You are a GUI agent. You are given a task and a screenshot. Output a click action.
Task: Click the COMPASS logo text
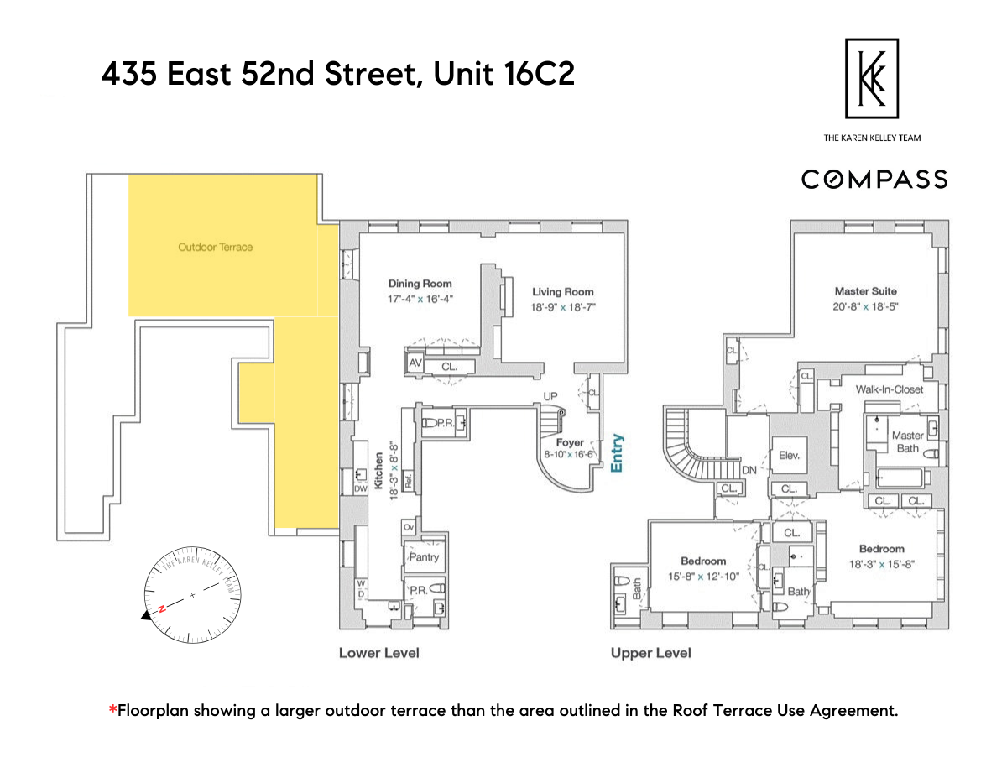pos(874,180)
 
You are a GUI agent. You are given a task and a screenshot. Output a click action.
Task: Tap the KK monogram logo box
pos(872,78)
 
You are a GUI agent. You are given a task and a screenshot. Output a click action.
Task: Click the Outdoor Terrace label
pos(215,248)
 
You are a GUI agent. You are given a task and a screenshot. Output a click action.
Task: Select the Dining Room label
pos(420,284)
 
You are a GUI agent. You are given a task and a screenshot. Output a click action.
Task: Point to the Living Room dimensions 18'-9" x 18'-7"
pos(562,307)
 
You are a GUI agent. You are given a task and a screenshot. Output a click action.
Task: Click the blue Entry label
pos(618,453)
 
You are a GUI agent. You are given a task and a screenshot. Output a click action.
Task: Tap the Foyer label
pos(570,442)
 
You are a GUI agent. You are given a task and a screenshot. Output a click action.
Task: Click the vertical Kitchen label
pos(378,471)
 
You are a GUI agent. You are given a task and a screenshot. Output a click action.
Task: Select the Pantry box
pos(423,557)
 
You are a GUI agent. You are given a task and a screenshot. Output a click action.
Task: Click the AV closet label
pos(415,363)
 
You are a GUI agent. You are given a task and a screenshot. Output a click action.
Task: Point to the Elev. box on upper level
pos(789,457)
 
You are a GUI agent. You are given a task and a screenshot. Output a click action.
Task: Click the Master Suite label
pos(865,291)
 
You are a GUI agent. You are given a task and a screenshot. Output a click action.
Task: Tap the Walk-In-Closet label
pos(889,389)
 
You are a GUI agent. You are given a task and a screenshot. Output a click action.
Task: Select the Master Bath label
pos(907,441)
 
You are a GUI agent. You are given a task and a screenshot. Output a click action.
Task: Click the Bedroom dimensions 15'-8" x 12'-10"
pos(702,577)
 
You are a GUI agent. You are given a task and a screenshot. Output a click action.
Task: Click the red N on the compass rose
pos(161,610)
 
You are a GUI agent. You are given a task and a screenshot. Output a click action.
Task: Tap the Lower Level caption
pos(378,653)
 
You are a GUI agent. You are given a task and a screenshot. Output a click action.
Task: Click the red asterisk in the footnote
pos(112,711)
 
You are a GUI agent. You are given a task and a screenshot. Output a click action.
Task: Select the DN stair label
pos(749,472)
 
